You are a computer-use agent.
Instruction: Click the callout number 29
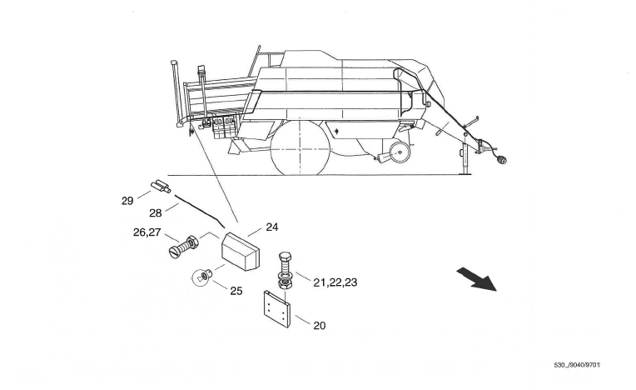[x=127, y=200]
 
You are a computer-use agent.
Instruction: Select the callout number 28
[x=156, y=214]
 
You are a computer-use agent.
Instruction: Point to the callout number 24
[x=271, y=227]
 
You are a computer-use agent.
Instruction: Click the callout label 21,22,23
[x=335, y=283]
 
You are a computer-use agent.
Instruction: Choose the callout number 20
[x=319, y=326]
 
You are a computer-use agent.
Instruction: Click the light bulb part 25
[x=201, y=277]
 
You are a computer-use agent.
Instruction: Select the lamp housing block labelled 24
[x=241, y=249]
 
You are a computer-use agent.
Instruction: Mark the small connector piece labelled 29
[x=159, y=185]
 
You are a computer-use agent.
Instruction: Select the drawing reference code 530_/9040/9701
[x=576, y=366]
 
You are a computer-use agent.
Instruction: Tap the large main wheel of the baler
[x=301, y=147]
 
